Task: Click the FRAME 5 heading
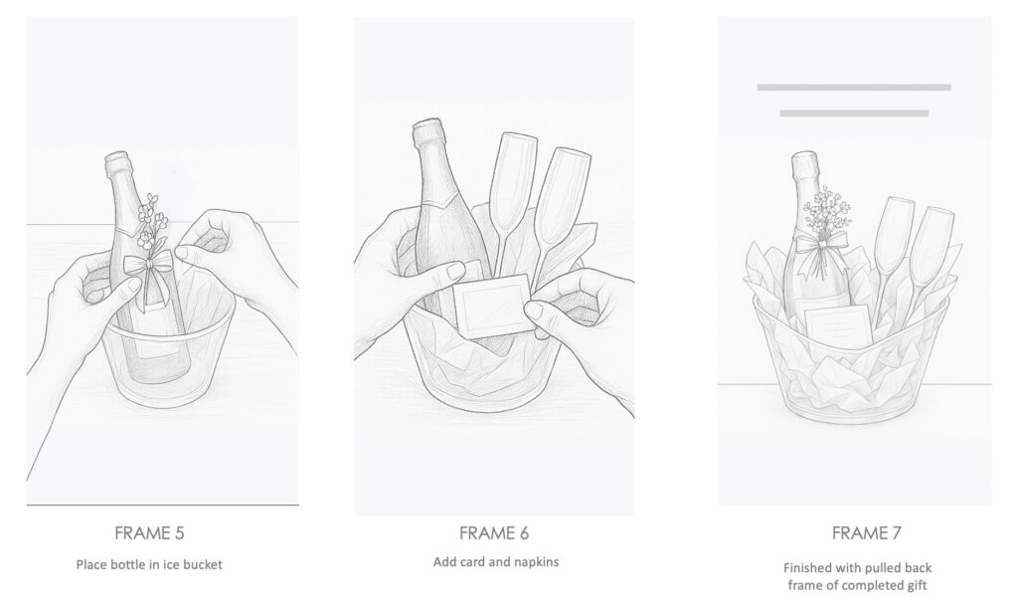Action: click(149, 533)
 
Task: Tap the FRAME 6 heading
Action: click(494, 533)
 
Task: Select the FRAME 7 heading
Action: click(866, 533)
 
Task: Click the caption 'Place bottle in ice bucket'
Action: click(149, 564)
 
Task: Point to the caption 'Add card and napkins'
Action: click(496, 562)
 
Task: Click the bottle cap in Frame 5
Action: click(117, 161)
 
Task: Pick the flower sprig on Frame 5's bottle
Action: click(152, 224)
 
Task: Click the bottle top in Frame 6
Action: click(427, 132)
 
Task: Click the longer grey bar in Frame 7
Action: click(854, 87)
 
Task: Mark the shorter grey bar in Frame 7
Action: click(854, 113)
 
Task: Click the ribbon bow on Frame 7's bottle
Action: click(822, 247)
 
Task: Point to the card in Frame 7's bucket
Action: click(838, 327)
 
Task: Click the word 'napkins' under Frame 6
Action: click(536, 562)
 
